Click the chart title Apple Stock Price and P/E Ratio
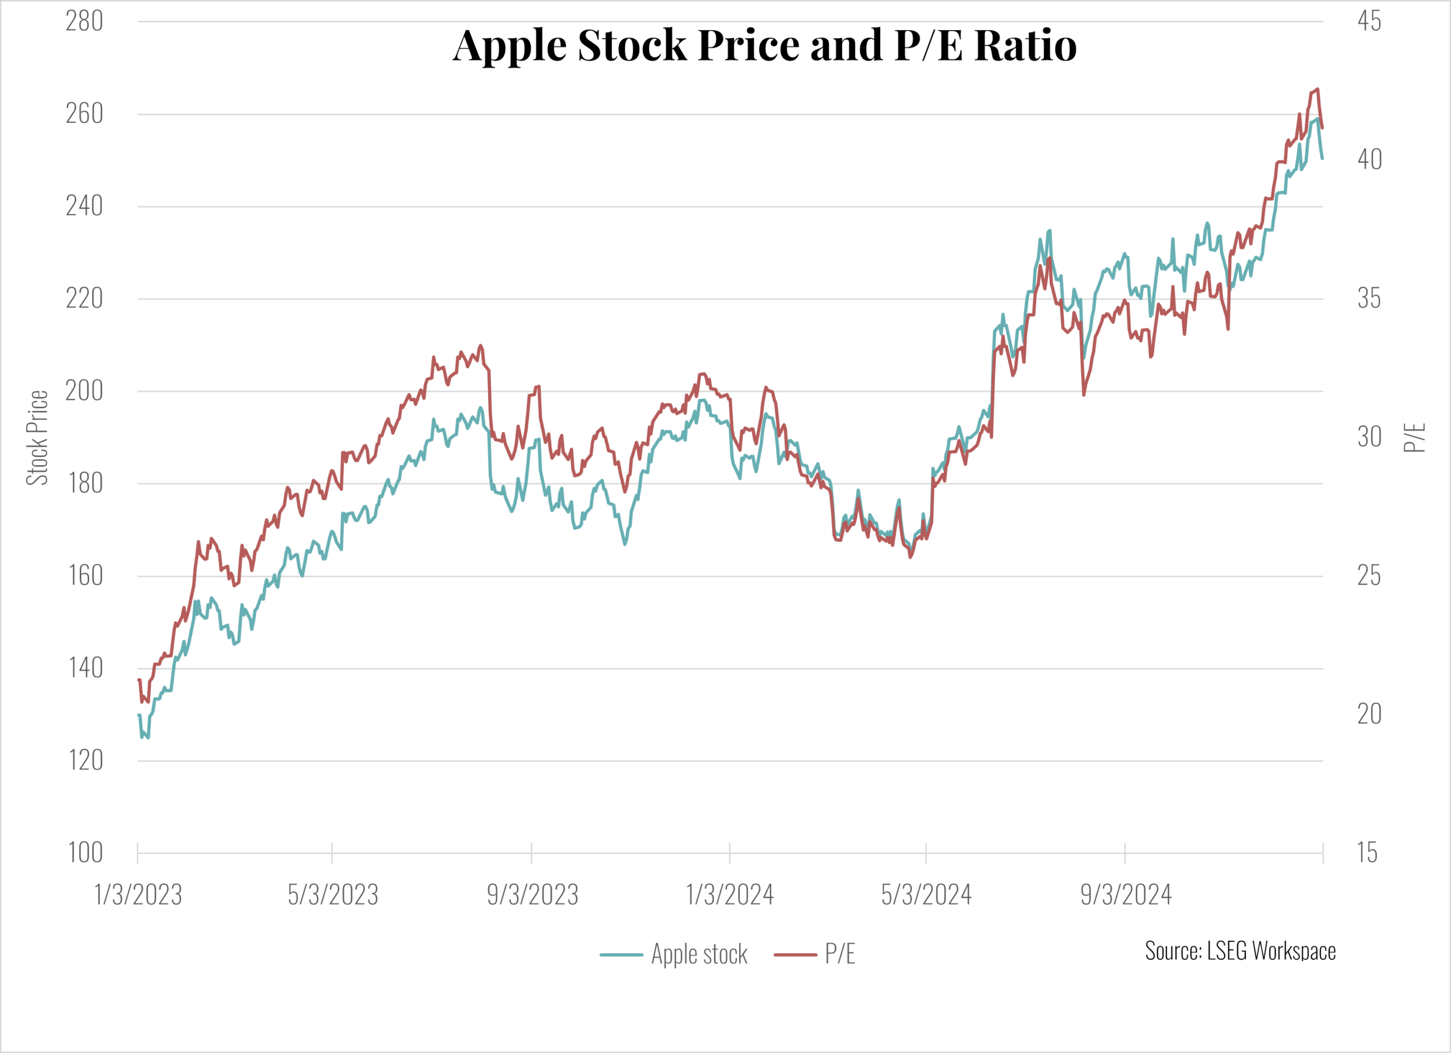[x=765, y=45]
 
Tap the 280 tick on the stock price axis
[x=84, y=22]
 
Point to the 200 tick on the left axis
[x=84, y=391]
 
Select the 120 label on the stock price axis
[x=85, y=761]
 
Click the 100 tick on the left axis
[x=85, y=853]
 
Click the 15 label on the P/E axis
[x=1367, y=853]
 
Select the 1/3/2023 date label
[x=138, y=895]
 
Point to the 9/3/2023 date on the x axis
[x=532, y=895]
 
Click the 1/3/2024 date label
[x=730, y=895]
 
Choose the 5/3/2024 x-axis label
[x=926, y=895]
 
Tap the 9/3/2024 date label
[x=1126, y=895]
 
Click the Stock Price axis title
[x=37, y=438]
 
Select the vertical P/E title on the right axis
[x=1415, y=438]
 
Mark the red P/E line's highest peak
[x=1317, y=89]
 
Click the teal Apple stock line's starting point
[x=139, y=715]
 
